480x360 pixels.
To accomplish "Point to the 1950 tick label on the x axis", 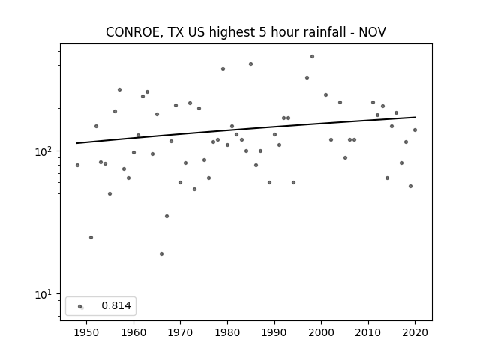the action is [87, 332].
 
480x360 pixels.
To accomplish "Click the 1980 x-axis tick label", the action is [227, 332].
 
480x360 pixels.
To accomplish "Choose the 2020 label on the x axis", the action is [415, 332].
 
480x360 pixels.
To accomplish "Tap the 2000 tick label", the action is [322, 332].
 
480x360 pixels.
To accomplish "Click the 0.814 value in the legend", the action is [116, 305].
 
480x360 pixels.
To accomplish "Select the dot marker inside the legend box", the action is [80, 306].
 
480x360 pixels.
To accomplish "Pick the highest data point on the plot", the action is [312, 57].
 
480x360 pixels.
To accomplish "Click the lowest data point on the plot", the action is [162, 253].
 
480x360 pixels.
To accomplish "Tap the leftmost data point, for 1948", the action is [77, 165].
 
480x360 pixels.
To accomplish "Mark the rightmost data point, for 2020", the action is [415, 130].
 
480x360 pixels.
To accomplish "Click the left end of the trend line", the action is [76, 143].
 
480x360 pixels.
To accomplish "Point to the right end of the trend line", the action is [415, 117].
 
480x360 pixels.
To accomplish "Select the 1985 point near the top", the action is [250, 64].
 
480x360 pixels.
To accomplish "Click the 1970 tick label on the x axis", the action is [180, 332].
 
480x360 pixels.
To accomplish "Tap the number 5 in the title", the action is [262, 32].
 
